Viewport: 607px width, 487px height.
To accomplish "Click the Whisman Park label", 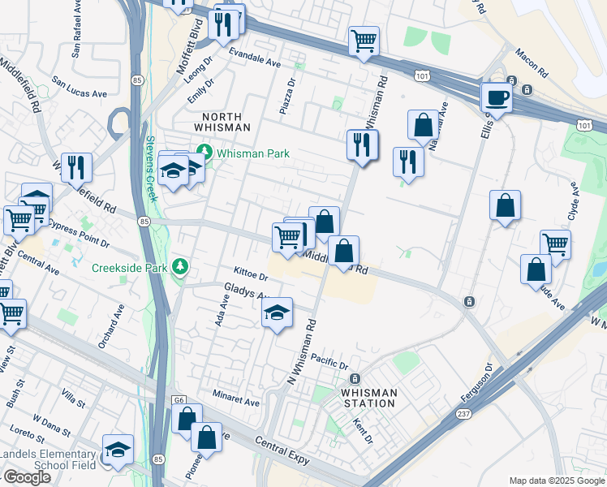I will point(252,153).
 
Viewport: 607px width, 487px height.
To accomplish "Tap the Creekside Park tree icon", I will point(180,267).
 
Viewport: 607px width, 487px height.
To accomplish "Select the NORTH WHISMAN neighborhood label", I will point(222,122).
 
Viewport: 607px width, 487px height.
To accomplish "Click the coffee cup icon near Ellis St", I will point(497,98).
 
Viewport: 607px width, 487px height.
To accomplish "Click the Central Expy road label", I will point(282,444).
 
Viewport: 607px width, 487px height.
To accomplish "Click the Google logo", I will point(27,477).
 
